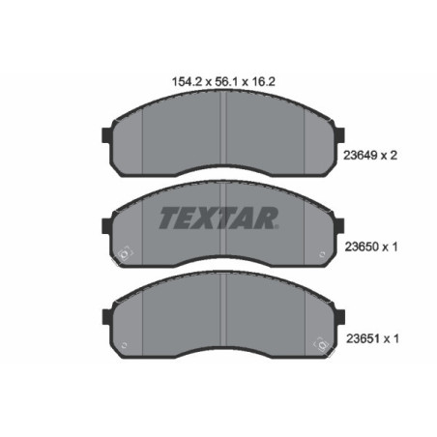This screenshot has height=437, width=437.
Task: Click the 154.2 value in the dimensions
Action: click(173, 83)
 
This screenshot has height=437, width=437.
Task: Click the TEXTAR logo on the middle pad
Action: click(218, 218)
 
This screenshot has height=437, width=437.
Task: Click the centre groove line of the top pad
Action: click(224, 135)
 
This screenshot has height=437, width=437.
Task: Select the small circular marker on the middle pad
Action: click(123, 255)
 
